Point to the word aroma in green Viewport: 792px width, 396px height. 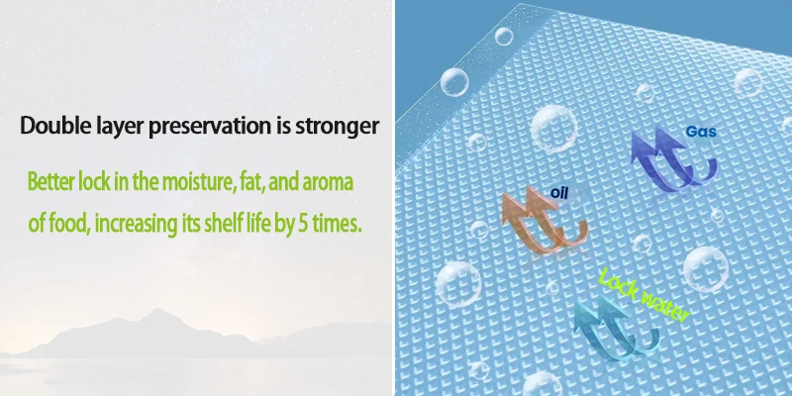point(328,182)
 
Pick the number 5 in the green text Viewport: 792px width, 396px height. point(303,224)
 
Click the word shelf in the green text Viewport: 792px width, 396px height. point(220,223)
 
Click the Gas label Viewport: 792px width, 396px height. point(701,132)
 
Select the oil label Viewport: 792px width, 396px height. point(559,192)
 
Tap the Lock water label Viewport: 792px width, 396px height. point(643,295)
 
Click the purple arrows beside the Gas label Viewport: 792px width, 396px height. point(670,160)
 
